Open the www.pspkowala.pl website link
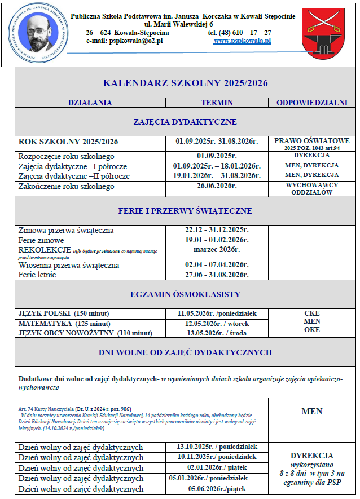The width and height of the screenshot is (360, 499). click(242, 41)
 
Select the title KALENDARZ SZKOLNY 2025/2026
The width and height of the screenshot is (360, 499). click(185, 83)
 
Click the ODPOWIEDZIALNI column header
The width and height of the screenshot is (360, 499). click(311, 103)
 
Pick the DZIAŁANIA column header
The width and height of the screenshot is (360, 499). click(90, 103)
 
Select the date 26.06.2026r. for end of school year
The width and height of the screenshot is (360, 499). click(217, 186)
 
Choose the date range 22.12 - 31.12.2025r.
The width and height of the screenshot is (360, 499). click(217, 230)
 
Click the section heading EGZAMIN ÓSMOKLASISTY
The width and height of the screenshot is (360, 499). click(185, 294)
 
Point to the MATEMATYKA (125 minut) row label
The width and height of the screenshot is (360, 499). click(64, 324)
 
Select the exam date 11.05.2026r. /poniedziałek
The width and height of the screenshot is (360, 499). click(217, 313)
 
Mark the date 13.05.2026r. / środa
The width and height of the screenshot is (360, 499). click(217, 333)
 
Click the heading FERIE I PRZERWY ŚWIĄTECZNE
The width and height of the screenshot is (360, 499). click(185, 211)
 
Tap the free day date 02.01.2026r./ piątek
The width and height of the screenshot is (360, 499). click(217, 467)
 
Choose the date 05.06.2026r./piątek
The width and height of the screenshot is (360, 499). click(217, 489)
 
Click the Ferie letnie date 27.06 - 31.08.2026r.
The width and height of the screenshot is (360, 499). click(217, 275)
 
